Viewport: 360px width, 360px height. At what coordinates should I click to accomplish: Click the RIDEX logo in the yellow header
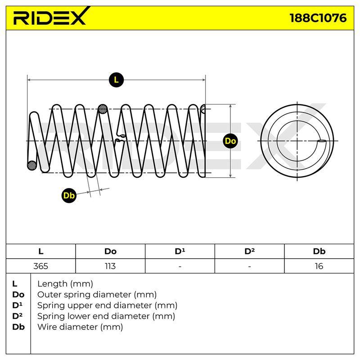click(52, 16)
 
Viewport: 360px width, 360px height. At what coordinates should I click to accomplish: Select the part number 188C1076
click(318, 18)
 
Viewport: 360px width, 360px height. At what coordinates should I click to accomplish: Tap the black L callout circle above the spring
click(116, 80)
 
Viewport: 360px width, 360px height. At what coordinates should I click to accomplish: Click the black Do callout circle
click(230, 141)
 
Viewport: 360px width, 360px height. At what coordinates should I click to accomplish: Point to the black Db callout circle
click(69, 195)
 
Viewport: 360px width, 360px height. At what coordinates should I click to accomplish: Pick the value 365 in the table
click(40, 266)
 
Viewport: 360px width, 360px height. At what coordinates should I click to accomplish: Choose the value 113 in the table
click(110, 266)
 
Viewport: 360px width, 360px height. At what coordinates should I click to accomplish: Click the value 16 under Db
click(319, 266)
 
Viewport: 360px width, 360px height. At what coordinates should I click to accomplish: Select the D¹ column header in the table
click(180, 251)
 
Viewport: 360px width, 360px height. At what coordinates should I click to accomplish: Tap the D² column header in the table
click(249, 251)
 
